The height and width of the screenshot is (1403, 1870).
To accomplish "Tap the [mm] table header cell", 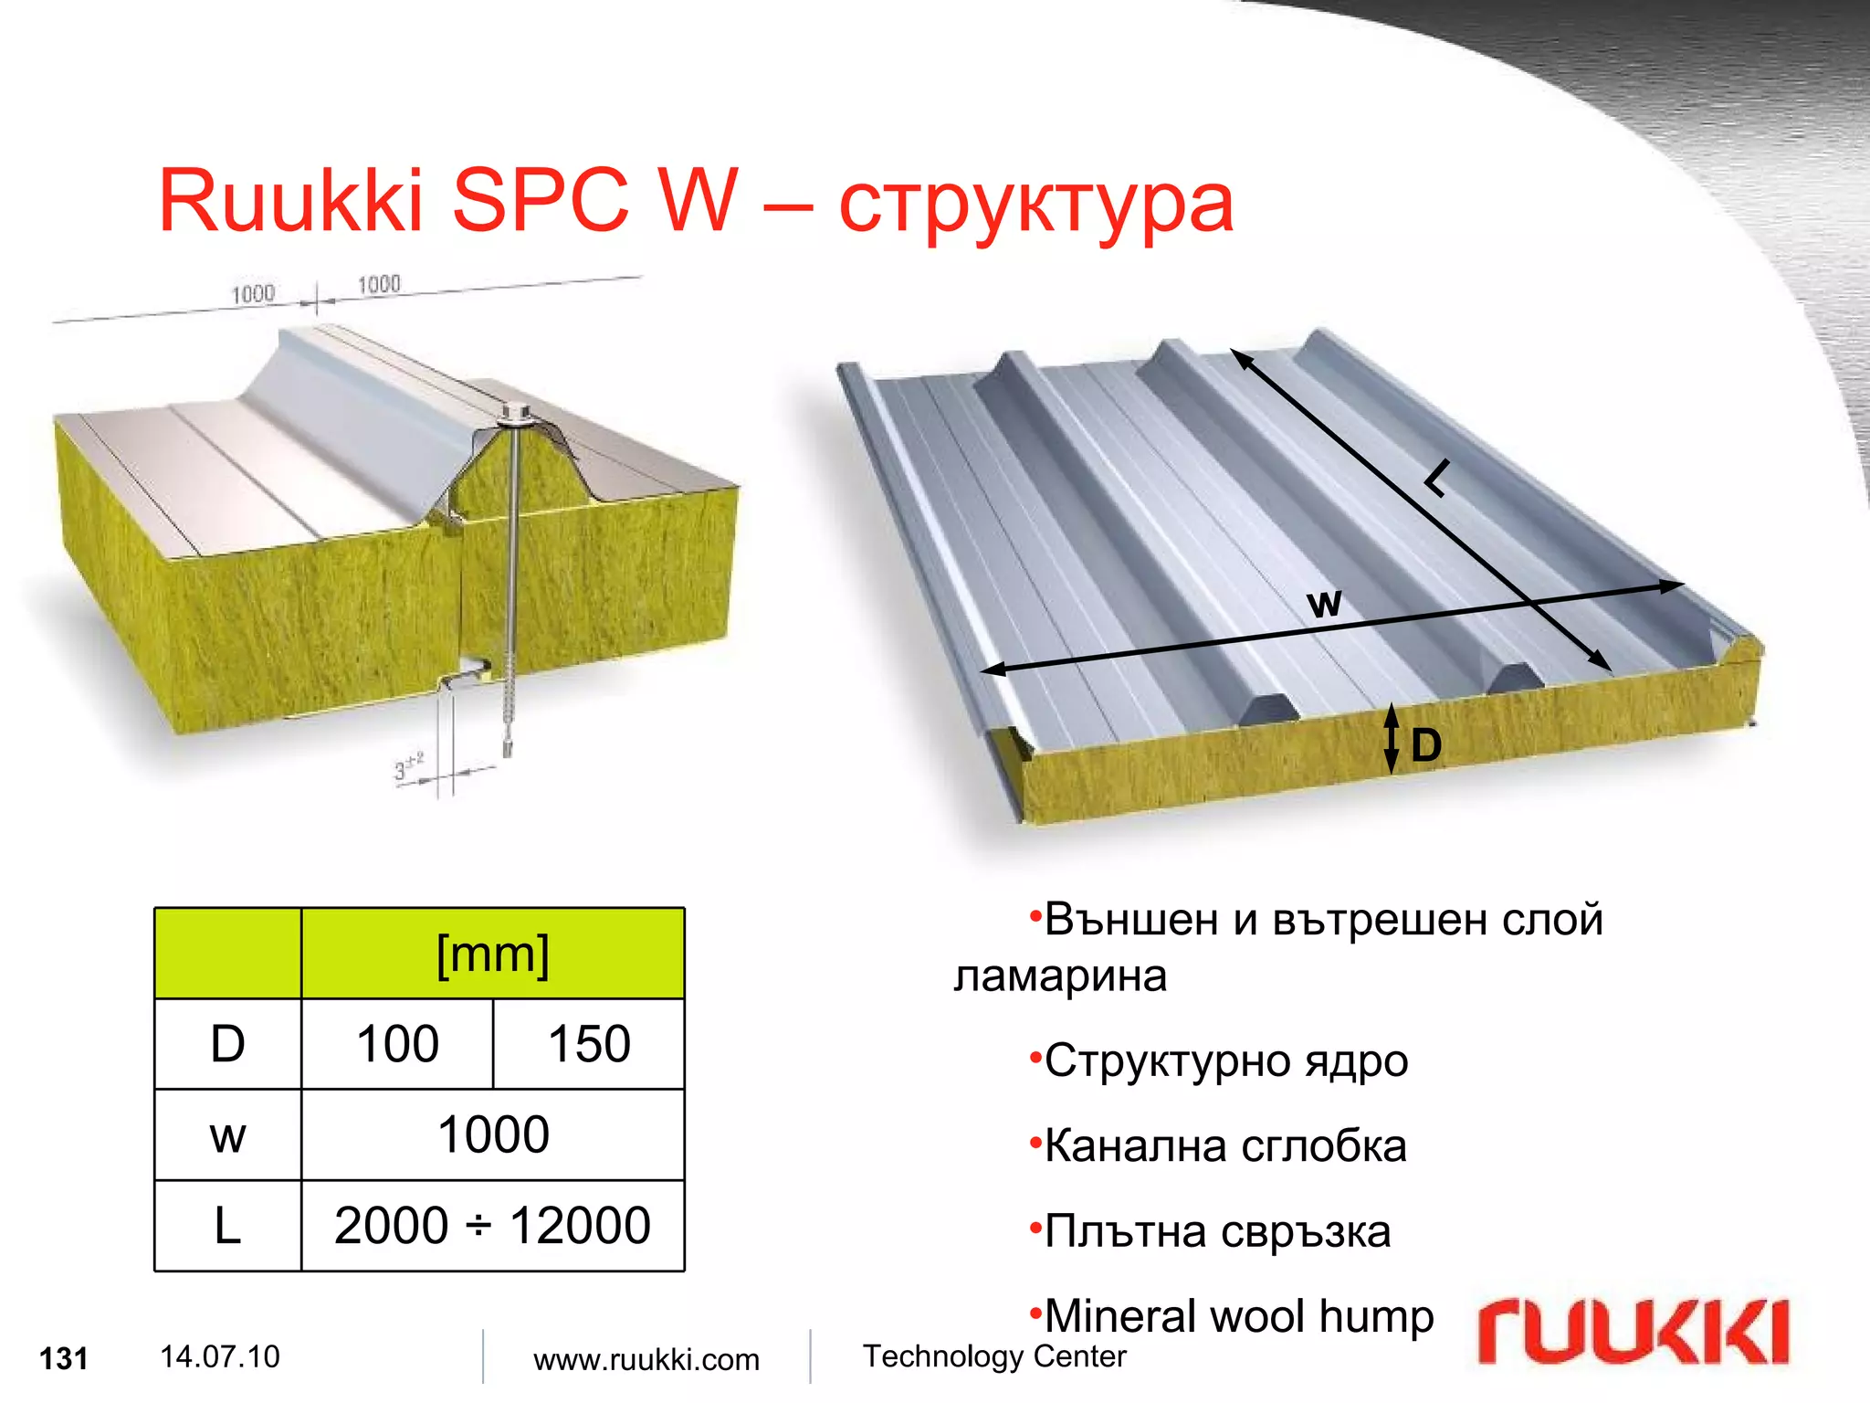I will (493, 955).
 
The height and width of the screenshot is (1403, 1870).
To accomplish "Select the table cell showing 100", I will (397, 1044).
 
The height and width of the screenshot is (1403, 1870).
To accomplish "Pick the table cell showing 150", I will (589, 1044).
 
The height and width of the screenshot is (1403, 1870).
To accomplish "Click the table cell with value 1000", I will (493, 1134).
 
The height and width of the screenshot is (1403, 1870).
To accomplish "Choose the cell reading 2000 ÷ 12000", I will (492, 1226).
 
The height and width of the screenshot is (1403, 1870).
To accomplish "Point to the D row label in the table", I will (227, 1044).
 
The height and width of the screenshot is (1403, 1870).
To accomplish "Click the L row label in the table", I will (227, 1226).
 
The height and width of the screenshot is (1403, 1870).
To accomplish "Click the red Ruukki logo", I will (1633, 1333).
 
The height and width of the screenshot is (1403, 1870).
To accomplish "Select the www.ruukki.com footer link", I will (646, 1359).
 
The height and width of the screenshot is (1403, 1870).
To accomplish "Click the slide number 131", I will (64, 1358).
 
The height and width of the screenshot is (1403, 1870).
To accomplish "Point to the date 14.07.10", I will (219, 1356).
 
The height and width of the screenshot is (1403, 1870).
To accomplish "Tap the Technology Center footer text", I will (994, 1356).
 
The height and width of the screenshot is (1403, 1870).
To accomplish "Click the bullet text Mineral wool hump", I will (1238, 1316).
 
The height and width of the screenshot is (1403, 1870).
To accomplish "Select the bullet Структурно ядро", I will (1225, 1060).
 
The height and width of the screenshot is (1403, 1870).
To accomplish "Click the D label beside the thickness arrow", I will (1425, 745).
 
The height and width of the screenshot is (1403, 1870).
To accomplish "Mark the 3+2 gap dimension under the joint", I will (408, 766).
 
